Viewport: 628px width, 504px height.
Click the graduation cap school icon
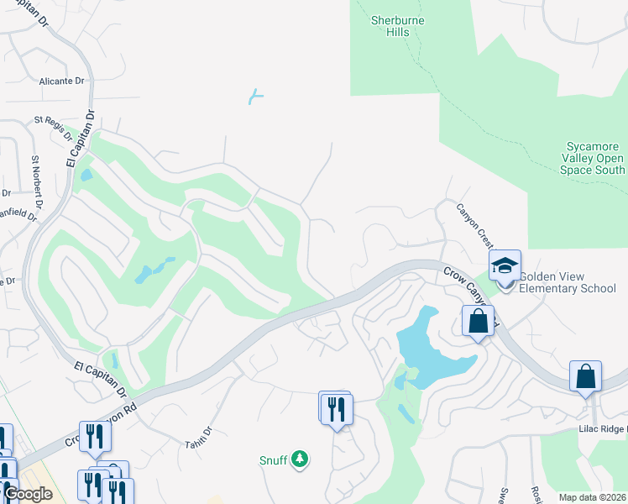click(505, 266)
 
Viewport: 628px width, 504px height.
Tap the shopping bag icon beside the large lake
click(478, 321)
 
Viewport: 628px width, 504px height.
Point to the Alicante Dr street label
click(62, 81)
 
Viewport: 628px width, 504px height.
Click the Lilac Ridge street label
click(602, 429)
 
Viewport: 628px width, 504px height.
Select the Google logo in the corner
click(28, 495)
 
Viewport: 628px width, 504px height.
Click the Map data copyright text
click(593, 497)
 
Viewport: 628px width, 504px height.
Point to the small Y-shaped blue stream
click(256, 97)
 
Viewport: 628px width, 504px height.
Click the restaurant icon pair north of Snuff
click(337, 408)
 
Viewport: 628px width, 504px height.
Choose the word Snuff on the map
click(273, 459)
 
